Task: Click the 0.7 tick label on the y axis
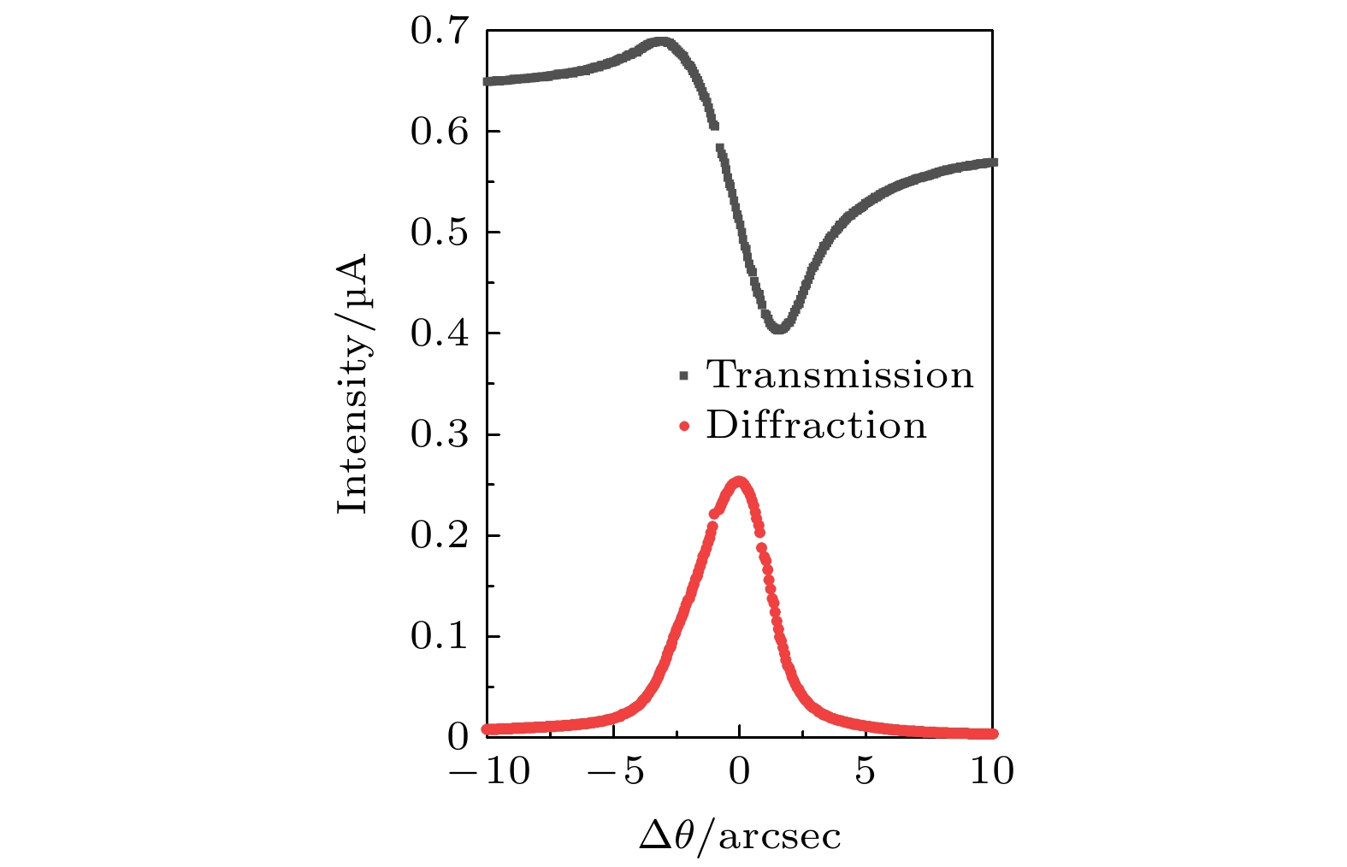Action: (x=440, y=32)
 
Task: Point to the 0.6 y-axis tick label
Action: (x=440, y=132)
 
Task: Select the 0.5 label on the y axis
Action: (x=440, y=233)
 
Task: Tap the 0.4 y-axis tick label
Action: (x=440, y=333)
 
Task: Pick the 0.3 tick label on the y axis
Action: (x=440, y=434)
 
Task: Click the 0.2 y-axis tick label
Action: (x=440, y=535)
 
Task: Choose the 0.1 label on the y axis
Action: (x=440, y=636)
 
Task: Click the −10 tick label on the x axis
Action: (x=489, y=772)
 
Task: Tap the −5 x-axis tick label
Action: (x=616, y=772)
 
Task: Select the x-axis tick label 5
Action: (x=866, y=772)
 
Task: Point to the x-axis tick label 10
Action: (x=992, y=772)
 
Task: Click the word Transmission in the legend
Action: (x=840, y=375)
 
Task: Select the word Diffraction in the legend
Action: (x=816, y=425)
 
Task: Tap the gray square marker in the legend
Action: (x=683, y=375)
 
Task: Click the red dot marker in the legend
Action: (x=683, y=426)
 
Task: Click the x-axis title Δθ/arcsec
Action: (x=740, y=836)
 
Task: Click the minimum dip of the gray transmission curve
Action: (x=778, y=327)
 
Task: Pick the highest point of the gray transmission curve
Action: (x=660, y=43)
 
